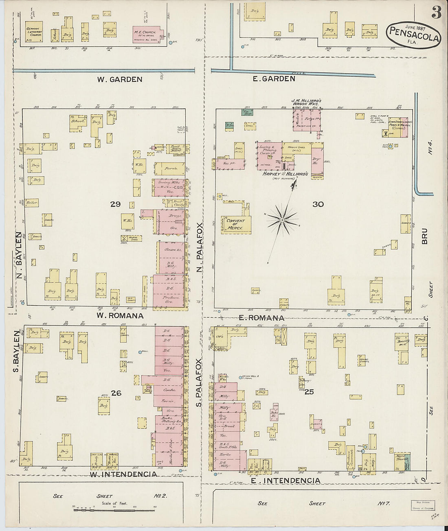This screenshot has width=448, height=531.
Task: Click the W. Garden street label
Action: coord(119,79)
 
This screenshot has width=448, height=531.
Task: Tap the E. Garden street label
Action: coord(274,79)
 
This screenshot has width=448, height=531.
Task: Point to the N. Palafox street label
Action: coord(200,248)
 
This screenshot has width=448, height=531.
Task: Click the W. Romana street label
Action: coord(120,315)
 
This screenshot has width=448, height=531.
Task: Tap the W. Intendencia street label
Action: coord(123,474)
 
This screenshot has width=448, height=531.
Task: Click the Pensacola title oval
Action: coord(413,35)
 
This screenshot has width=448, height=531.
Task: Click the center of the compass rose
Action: coord(282,220)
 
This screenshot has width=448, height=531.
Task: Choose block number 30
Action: coord(318,204)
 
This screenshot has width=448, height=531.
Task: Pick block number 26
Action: coord(116,393)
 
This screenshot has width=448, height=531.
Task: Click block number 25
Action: coord(310,392)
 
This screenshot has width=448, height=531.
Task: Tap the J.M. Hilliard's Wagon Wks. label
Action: coord(306,103)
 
